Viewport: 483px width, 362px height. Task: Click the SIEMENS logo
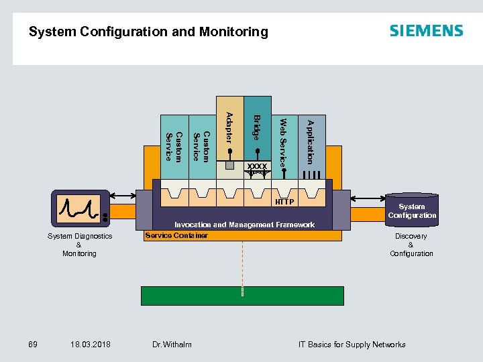426,31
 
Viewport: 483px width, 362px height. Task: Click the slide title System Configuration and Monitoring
148,32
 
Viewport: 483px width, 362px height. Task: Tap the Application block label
310,141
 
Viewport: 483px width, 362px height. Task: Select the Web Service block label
283,143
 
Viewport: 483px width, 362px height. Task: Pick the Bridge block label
256,127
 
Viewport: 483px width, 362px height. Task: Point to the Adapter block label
229,127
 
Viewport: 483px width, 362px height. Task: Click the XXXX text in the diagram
256,166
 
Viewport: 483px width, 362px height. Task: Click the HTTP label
284,202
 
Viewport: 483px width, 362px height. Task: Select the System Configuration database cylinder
411,208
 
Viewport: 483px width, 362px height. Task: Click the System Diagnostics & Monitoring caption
79,245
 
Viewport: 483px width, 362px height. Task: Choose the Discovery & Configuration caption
411,245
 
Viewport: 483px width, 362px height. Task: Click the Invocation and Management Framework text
244,225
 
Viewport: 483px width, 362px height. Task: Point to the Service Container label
176,235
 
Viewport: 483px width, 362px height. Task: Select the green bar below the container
242,296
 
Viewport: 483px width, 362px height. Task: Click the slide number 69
32,345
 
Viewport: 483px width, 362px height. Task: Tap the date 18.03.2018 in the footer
90,345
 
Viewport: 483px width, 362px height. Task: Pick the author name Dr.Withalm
172,345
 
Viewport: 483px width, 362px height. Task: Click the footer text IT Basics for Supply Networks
352,345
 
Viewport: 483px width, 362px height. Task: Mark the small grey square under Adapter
229,165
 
